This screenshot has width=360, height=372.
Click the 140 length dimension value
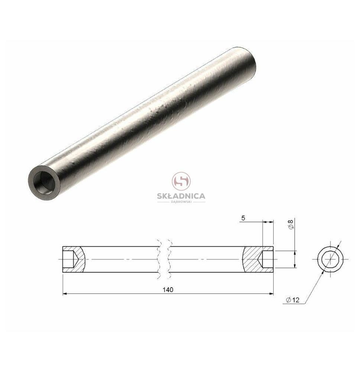pos(168,290)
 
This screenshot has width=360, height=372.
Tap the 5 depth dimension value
pos(243,218)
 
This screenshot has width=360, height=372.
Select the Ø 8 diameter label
pos(291,224)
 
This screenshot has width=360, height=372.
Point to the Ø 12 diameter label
pos(293,300)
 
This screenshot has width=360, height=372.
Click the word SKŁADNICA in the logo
pos(181,196)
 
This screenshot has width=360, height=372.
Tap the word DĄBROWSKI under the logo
pos(181,202)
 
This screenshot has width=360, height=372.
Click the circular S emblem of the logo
pos(181,182)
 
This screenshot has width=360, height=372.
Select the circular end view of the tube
pos(330,259)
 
